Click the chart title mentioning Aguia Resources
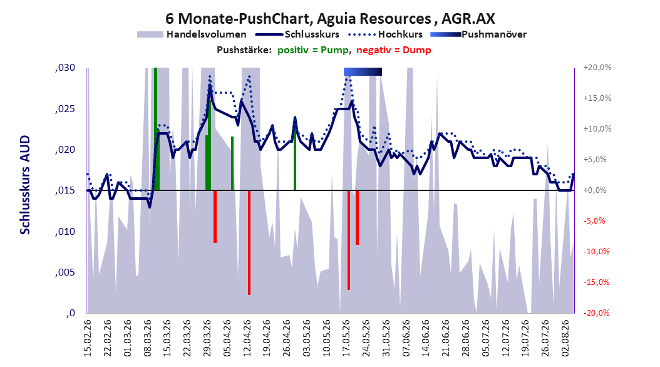(330, 18)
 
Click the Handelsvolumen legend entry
(192, 34)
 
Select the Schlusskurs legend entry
(297, 34)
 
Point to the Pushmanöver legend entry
(478, 34)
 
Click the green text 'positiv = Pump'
(312, 50)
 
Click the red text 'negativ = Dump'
(394, 50)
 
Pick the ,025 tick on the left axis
(65, 109)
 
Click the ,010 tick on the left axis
(65, 232)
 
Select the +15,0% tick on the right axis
(597, 98)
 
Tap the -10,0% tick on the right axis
(596, 252)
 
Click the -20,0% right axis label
(596, 313)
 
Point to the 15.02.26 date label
(88, 338)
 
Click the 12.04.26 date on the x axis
(247, 338)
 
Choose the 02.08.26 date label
(566, 338)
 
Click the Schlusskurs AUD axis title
(25, 185)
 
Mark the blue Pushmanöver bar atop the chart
(363, 71)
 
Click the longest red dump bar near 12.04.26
(249, 243)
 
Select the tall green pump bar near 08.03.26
(156, 129)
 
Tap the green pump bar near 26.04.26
(295, 158)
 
